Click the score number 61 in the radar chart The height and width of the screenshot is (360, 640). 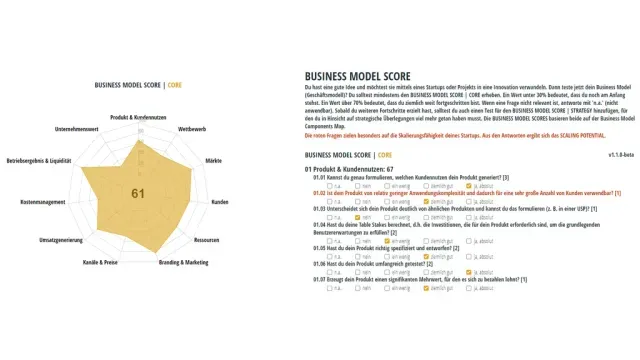point(137,192)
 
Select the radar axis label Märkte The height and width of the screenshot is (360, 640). point(213,160)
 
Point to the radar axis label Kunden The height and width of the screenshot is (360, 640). point(219,202)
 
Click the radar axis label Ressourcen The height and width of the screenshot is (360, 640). point(207,240)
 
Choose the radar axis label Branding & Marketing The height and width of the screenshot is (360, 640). point(183,262)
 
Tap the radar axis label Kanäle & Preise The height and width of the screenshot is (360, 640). point(102,262)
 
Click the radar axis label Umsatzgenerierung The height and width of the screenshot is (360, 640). point(60,240)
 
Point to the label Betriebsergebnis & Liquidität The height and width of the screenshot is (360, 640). point(39,160)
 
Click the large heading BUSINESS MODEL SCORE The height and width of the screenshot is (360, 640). point(358,75)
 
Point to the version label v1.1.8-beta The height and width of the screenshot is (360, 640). point(624,155)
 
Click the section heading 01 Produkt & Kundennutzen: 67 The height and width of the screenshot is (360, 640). point(349,170)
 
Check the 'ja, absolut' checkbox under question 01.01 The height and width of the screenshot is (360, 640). point(468,185)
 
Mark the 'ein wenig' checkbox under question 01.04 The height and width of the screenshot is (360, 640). point(387,240)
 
